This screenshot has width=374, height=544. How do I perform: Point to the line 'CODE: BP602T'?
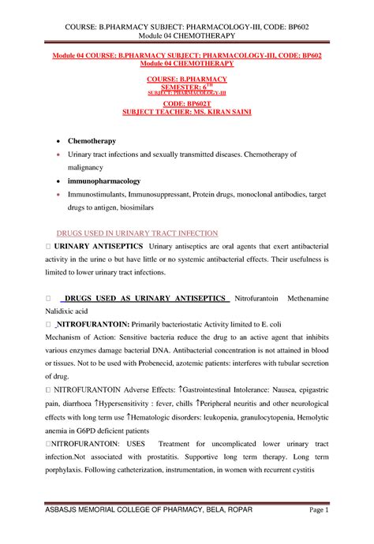point(186,103)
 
